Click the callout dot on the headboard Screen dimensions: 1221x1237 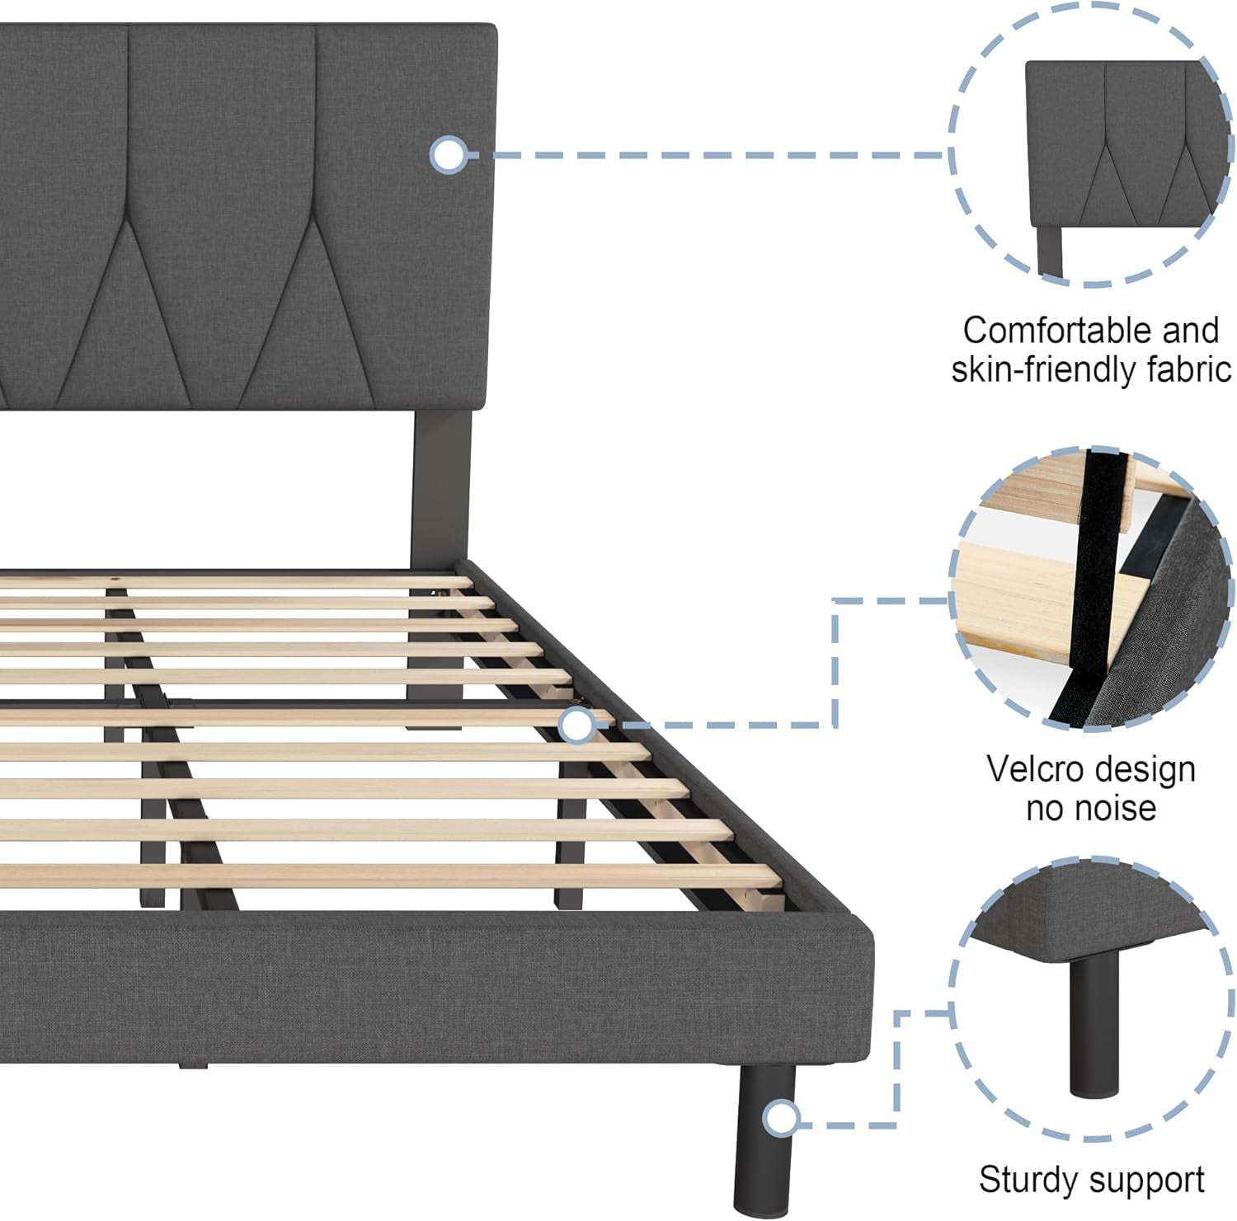click(449, 155)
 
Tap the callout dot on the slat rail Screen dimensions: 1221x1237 click(577, 726)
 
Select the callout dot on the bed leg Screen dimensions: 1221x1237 click(779, 1119)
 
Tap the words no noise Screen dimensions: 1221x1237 click(1090, 808)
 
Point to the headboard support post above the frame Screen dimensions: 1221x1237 click(440, 486)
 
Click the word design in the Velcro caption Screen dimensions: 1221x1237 click(1148, 769)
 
